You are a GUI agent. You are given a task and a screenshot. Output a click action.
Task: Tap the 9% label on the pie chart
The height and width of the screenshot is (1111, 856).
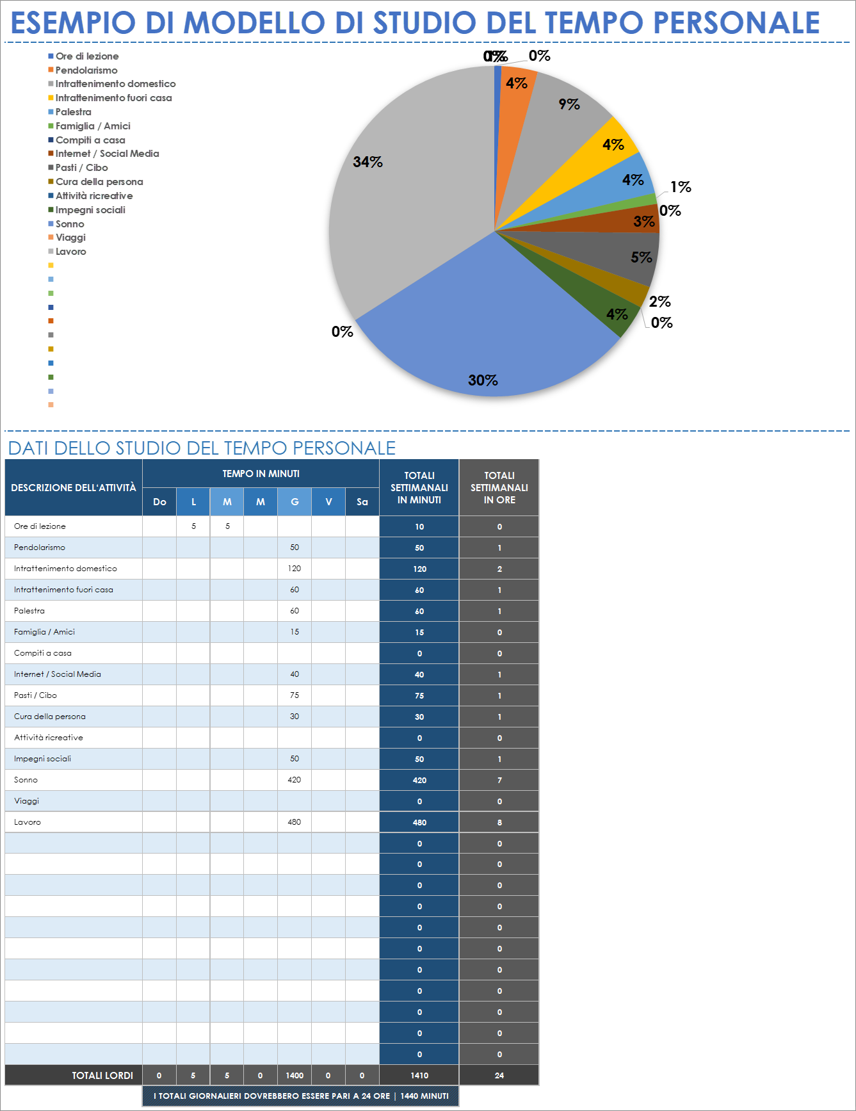coord(569,104)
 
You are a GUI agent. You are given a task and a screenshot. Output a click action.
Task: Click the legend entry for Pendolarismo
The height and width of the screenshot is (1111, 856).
coord(86,70)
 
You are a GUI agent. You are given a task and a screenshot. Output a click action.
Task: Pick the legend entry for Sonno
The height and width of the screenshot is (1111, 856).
coord(69,224)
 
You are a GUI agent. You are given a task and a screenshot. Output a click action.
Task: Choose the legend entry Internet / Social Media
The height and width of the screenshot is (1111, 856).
coord(107,154)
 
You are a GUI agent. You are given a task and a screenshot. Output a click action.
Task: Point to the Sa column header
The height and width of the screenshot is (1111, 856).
coord(362,502)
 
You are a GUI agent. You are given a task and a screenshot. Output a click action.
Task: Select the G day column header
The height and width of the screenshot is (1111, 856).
coord(295,502)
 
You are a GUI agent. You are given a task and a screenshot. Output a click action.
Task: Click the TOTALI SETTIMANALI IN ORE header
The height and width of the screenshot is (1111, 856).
coord(499,487)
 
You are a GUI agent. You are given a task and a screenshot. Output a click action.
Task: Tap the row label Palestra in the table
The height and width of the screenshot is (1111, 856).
coord(29,611)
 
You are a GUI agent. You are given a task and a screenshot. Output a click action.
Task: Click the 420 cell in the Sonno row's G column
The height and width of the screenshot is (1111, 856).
coord(295,780)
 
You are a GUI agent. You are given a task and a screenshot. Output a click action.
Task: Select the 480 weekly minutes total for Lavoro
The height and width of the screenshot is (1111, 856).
coord(419,822)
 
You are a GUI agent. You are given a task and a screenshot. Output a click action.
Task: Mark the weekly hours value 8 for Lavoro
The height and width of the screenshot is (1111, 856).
coord(499,822)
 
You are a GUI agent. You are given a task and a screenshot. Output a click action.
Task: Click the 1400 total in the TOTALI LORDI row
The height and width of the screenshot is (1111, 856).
coord(295,1076)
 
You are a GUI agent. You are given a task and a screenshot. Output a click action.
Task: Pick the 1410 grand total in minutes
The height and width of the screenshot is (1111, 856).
coord(419,1076)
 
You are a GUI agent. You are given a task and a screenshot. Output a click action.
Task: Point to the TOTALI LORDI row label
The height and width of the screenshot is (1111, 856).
coord(102,1076)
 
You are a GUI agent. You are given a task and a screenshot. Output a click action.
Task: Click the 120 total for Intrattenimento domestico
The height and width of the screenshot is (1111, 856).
coord(419,569)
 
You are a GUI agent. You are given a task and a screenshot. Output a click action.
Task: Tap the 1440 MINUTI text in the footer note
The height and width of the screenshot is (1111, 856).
coord(424,1096)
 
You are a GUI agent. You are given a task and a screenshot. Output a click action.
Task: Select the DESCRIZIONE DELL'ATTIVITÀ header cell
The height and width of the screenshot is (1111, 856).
coord(74,488)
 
